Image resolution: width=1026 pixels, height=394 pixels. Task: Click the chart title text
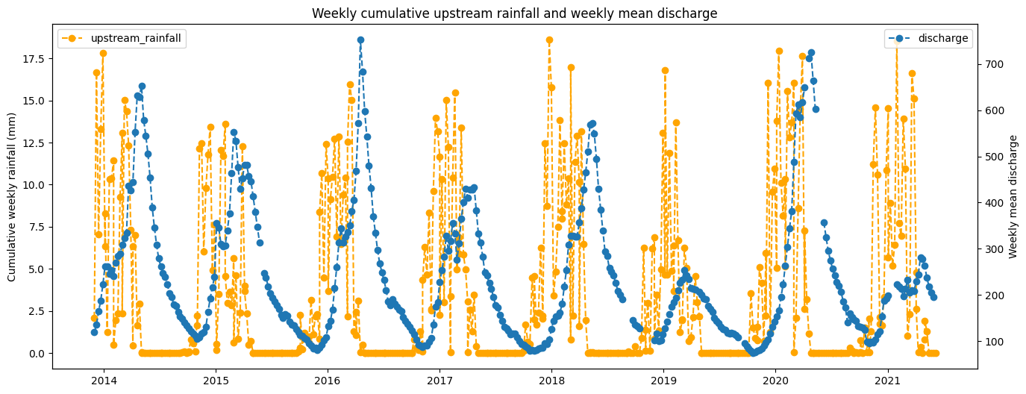[514, 13]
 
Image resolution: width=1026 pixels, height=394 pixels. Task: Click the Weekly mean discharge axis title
[1013, 197]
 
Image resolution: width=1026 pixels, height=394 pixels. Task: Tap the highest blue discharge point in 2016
[360, 40]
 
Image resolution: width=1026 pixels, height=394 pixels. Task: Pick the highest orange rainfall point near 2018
[549, 40]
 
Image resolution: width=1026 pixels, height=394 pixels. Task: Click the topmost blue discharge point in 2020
[811, 53]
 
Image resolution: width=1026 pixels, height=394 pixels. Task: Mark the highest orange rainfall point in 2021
[896, 43]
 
